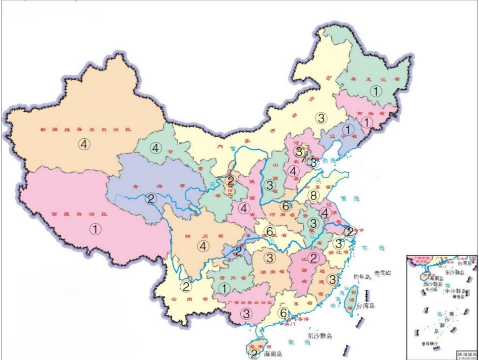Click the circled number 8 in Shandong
tap(314, 196)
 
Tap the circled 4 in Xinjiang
tap(84, 144)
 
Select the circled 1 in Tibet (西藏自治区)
tap(95, 229)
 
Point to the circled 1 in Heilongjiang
tap(376, 91)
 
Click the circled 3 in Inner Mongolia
tap(322, 118)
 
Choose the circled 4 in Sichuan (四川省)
tap(204, 246)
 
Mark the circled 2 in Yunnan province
tap(186, 287)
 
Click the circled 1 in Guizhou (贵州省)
tap(224, 288)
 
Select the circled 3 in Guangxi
tap(246, 314)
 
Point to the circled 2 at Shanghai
tap(350, 231)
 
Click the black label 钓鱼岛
tap(362, 277)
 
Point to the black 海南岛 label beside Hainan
tap(273, 354)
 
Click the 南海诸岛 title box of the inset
tap(466, 354)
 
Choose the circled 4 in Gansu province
tap(156, 148)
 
